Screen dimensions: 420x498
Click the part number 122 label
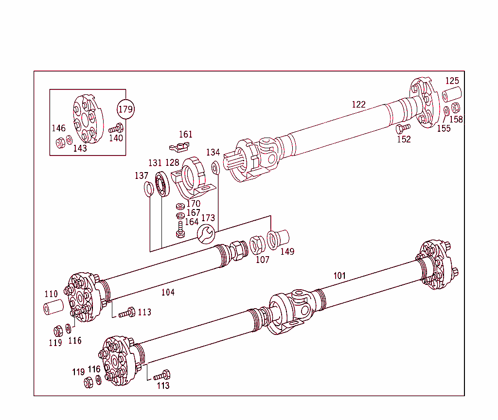tap(358, 105)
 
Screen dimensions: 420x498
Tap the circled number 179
tap(125, 109)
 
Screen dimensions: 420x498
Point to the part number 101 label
tap(339, 276)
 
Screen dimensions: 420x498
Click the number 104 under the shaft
tap(168, 292)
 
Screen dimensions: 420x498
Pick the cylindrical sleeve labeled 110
tap(53, 309)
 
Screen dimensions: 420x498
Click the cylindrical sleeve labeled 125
tap(452, 94)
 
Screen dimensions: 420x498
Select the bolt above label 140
tap(116, 129)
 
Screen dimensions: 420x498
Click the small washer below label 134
tap(215, 168)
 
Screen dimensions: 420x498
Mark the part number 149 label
tap(287, 251)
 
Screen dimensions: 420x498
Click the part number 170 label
tap(193, 204)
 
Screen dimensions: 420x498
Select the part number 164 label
tap(192, 222)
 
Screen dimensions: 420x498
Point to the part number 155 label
tap(444, 129)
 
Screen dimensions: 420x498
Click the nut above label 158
tap(456, 108)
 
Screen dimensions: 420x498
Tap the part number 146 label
tap(58, 128)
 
